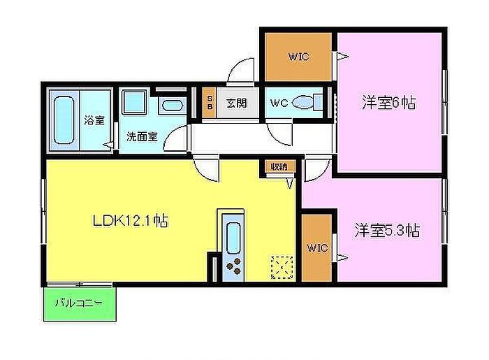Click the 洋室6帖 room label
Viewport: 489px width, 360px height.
(388, 103)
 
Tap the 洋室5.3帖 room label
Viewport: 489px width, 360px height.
(387, 231)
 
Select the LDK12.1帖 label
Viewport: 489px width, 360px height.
(131, 221)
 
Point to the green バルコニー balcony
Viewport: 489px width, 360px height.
(80, 304)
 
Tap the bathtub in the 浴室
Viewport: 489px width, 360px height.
(64, 120)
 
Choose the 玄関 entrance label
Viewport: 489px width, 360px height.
(236, 103)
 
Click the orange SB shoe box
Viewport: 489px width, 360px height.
(210, 103)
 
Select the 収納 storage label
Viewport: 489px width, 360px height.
(279, 166)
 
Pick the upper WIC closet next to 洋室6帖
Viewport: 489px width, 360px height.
(298, 57)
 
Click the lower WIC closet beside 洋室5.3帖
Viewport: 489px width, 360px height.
(317, 247)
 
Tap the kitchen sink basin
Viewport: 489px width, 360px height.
(233, 238)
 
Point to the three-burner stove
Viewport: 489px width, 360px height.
(233, 266)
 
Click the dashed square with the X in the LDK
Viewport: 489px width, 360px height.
(282, 267)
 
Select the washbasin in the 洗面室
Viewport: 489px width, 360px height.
(172, 105)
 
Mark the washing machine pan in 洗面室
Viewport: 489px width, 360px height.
(134, 102)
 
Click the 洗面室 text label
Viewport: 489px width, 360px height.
(143, 136)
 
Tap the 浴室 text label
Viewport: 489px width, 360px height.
(94, 120)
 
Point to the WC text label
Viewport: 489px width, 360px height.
(279, 103)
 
